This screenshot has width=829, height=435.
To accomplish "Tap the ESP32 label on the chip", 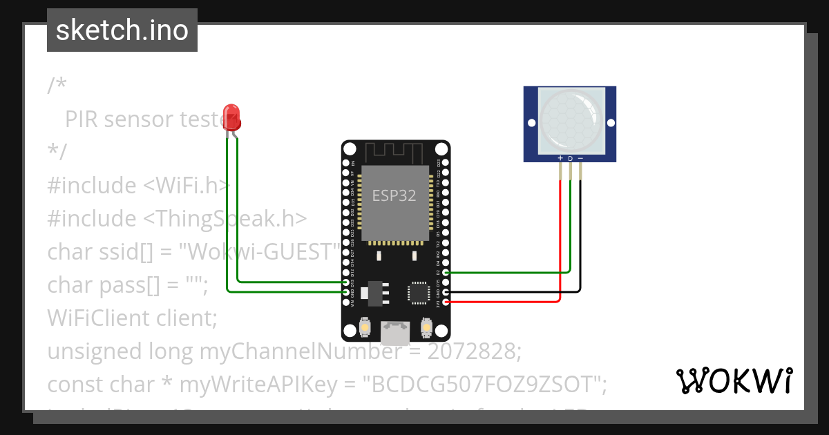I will (394, 195).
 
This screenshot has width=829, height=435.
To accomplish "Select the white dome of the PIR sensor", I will (570, 119).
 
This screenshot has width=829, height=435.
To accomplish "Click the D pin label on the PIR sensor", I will (570, 158).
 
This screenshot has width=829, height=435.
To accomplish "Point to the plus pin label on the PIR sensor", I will (560, 158).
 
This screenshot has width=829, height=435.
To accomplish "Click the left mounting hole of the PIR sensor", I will (531, 123).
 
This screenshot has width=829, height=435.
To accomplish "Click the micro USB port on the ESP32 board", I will (395, 333).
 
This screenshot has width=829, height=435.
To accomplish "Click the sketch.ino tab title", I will (122, 30).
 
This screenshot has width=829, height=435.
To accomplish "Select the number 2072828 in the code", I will (473, 351).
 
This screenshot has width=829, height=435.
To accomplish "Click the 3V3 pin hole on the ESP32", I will (446, 302).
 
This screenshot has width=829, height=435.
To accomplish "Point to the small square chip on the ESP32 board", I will (419, 293).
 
